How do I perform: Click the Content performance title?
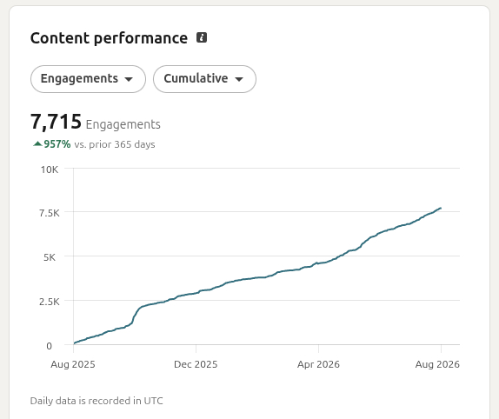tap(109, 38)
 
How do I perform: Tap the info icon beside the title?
tap(202, 37)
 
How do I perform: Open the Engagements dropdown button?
tap(88, 79)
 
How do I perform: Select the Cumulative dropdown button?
tap(204, 79)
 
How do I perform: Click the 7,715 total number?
tap(56, 122)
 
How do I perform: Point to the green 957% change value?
tap(57, 144)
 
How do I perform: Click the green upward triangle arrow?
tap(37, 143)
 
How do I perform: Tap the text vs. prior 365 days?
tap(115, 144)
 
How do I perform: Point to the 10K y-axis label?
tap(50, 170)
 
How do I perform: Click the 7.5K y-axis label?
tap(49, 213)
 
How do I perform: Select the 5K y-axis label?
tap(50, 257)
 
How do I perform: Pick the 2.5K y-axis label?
tap(49, 302)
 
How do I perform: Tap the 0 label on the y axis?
tap(49, 346)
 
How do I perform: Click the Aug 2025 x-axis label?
tap(73, 364)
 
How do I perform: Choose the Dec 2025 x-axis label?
tap(196, 364)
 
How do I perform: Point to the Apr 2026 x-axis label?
tap(318, 364)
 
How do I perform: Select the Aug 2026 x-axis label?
tap(437, 364)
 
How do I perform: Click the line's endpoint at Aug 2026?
tap(441, 208)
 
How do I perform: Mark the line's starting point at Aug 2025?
tap(74, 343)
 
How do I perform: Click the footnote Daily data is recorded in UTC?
tap(96, 401)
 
